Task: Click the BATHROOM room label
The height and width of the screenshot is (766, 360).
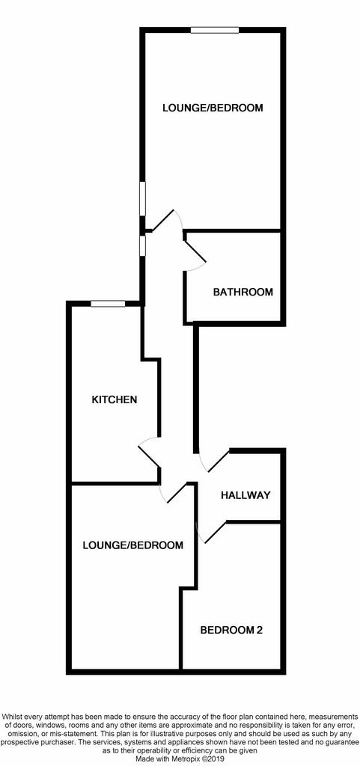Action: pos(242,292)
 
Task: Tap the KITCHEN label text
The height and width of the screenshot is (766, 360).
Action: pos(115,399)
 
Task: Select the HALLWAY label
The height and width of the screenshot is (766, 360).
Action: pos(245,495)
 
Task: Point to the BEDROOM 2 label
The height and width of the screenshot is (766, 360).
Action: pos(231,630)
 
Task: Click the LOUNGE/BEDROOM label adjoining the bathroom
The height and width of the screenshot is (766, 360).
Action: pos(213,108)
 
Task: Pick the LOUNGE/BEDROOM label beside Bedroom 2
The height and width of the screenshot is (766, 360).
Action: pos(133,545)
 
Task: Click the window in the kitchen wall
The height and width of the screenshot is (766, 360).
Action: pos(108,304)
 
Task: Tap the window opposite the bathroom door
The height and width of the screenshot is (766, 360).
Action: pos(142,245)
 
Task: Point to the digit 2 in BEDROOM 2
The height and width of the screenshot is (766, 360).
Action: pos(260,630)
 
